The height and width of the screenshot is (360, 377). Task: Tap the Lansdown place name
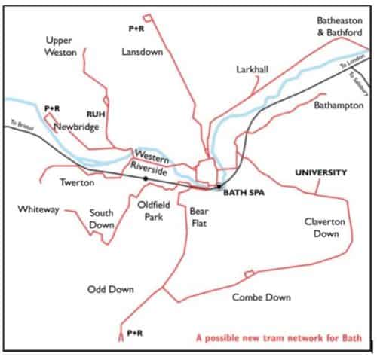138,52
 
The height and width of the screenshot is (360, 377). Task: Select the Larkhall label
252,69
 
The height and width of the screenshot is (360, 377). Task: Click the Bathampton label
339,105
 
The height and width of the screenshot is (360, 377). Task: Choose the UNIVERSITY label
320,172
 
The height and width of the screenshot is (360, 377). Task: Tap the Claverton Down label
325,227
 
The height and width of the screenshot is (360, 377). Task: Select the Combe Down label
261,297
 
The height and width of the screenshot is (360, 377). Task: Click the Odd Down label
110,289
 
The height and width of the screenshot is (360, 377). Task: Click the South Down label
102,219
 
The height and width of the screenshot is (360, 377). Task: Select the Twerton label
77,182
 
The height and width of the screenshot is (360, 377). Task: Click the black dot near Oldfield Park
146,178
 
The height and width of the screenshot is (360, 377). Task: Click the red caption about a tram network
284,338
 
